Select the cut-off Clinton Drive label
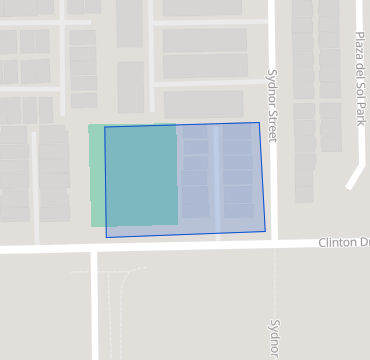pos(344,243)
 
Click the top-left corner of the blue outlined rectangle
pos(105,127)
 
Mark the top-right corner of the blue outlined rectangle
pos(259,123)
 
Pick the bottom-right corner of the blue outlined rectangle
pos(265,232)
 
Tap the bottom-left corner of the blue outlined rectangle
pos(106,237)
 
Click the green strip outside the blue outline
pos(96,175)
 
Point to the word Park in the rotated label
pos(361,111)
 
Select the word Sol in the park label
pos(361,88)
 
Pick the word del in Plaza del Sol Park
pos(361,69)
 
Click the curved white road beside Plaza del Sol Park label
pos(356,160)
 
